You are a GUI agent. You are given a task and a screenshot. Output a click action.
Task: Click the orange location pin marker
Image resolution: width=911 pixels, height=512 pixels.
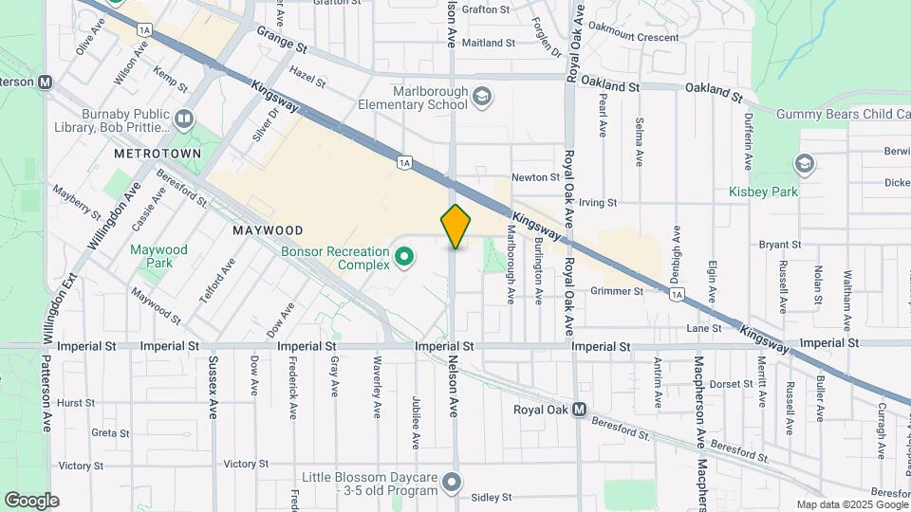click(x=456, y=227)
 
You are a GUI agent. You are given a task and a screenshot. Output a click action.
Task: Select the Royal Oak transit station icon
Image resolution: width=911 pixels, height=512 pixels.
click(x=578, y=411)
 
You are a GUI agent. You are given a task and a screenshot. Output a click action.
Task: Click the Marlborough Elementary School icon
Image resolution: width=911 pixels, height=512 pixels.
click(x=483, y=97)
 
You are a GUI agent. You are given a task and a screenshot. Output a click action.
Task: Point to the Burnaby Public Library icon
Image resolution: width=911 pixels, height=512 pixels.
click(x=184, y=119)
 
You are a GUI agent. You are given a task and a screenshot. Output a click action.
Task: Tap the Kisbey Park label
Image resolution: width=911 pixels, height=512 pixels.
click(x=763, y=192)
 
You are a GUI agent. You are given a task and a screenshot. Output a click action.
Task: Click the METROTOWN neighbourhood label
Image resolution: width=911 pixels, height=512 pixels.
click(x=158, y=153)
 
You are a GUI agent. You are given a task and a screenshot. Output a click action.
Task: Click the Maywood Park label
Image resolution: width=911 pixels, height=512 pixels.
click(x=158, y=256)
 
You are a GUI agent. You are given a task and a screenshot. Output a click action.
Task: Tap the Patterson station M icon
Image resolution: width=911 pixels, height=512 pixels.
click(x=46, y=82)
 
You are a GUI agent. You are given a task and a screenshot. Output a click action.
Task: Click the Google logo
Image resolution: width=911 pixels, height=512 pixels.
click(x=31, y=501)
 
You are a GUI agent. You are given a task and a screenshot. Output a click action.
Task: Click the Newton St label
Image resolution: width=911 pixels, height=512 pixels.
click(x=535, y=177)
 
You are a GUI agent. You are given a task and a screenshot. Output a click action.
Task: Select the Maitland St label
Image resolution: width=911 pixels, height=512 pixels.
click(x=489, y=43)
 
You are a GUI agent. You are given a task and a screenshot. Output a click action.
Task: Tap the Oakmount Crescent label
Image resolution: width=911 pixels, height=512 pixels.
click(x=633, y=38)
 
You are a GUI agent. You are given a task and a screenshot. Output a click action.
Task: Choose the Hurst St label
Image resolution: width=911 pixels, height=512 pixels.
click(x=76, y=403)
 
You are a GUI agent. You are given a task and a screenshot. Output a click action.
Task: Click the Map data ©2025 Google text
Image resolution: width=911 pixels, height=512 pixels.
click(x=851, y=504)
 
